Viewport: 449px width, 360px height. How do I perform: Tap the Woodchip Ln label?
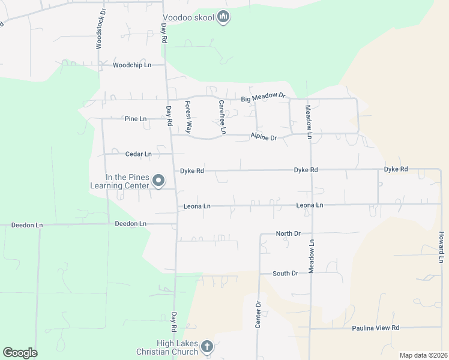[131, 65]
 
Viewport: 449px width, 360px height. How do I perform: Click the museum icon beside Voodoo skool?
[223, 17]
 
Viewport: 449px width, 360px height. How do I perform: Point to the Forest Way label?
[188, 116]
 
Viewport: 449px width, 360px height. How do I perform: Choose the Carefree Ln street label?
[221, 116]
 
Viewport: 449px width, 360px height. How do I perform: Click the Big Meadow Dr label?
[264, 98]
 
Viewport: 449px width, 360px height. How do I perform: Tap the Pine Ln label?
[136, 119]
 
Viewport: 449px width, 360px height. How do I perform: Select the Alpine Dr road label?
[264, 138]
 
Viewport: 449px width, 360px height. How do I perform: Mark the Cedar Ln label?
[138, 154]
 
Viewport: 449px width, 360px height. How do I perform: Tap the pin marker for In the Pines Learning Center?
[159, 181]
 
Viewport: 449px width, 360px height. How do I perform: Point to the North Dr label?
[288, 233]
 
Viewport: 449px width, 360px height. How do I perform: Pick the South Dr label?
[285, 274]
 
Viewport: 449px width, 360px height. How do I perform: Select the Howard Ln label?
[441, 247]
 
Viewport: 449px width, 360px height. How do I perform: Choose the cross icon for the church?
[207, 346]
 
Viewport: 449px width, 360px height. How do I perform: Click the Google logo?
[20, 353]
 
